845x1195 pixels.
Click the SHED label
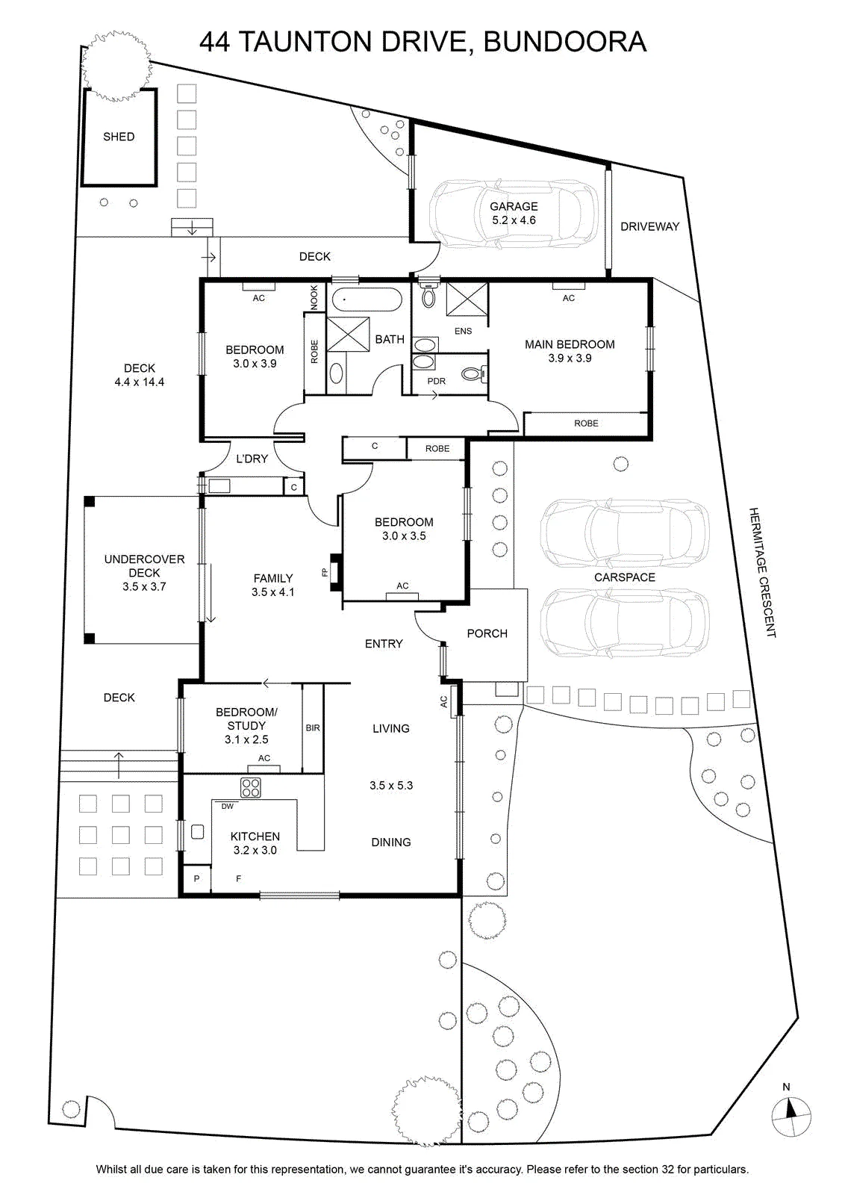click(119, 137)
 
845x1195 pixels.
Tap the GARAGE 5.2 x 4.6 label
click(514, 213)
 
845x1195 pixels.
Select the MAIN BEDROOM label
click(570, 344)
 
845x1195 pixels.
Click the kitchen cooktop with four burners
click(250, 787)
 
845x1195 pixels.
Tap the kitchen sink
click(197, 832)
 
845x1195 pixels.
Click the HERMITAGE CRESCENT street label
click(762, 572)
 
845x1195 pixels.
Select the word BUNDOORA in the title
click(564, 42)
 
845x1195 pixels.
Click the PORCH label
click(487, 633)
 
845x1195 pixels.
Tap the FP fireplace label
click(324, 572)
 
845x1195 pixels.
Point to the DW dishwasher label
click(228, 806)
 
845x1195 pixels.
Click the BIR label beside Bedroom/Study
click(313, 727)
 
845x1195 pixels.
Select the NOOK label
click(314, 297)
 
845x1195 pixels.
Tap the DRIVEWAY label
click(649, 226)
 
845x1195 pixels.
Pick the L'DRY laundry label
click(252, 459)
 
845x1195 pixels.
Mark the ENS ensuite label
click(463, 331)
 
